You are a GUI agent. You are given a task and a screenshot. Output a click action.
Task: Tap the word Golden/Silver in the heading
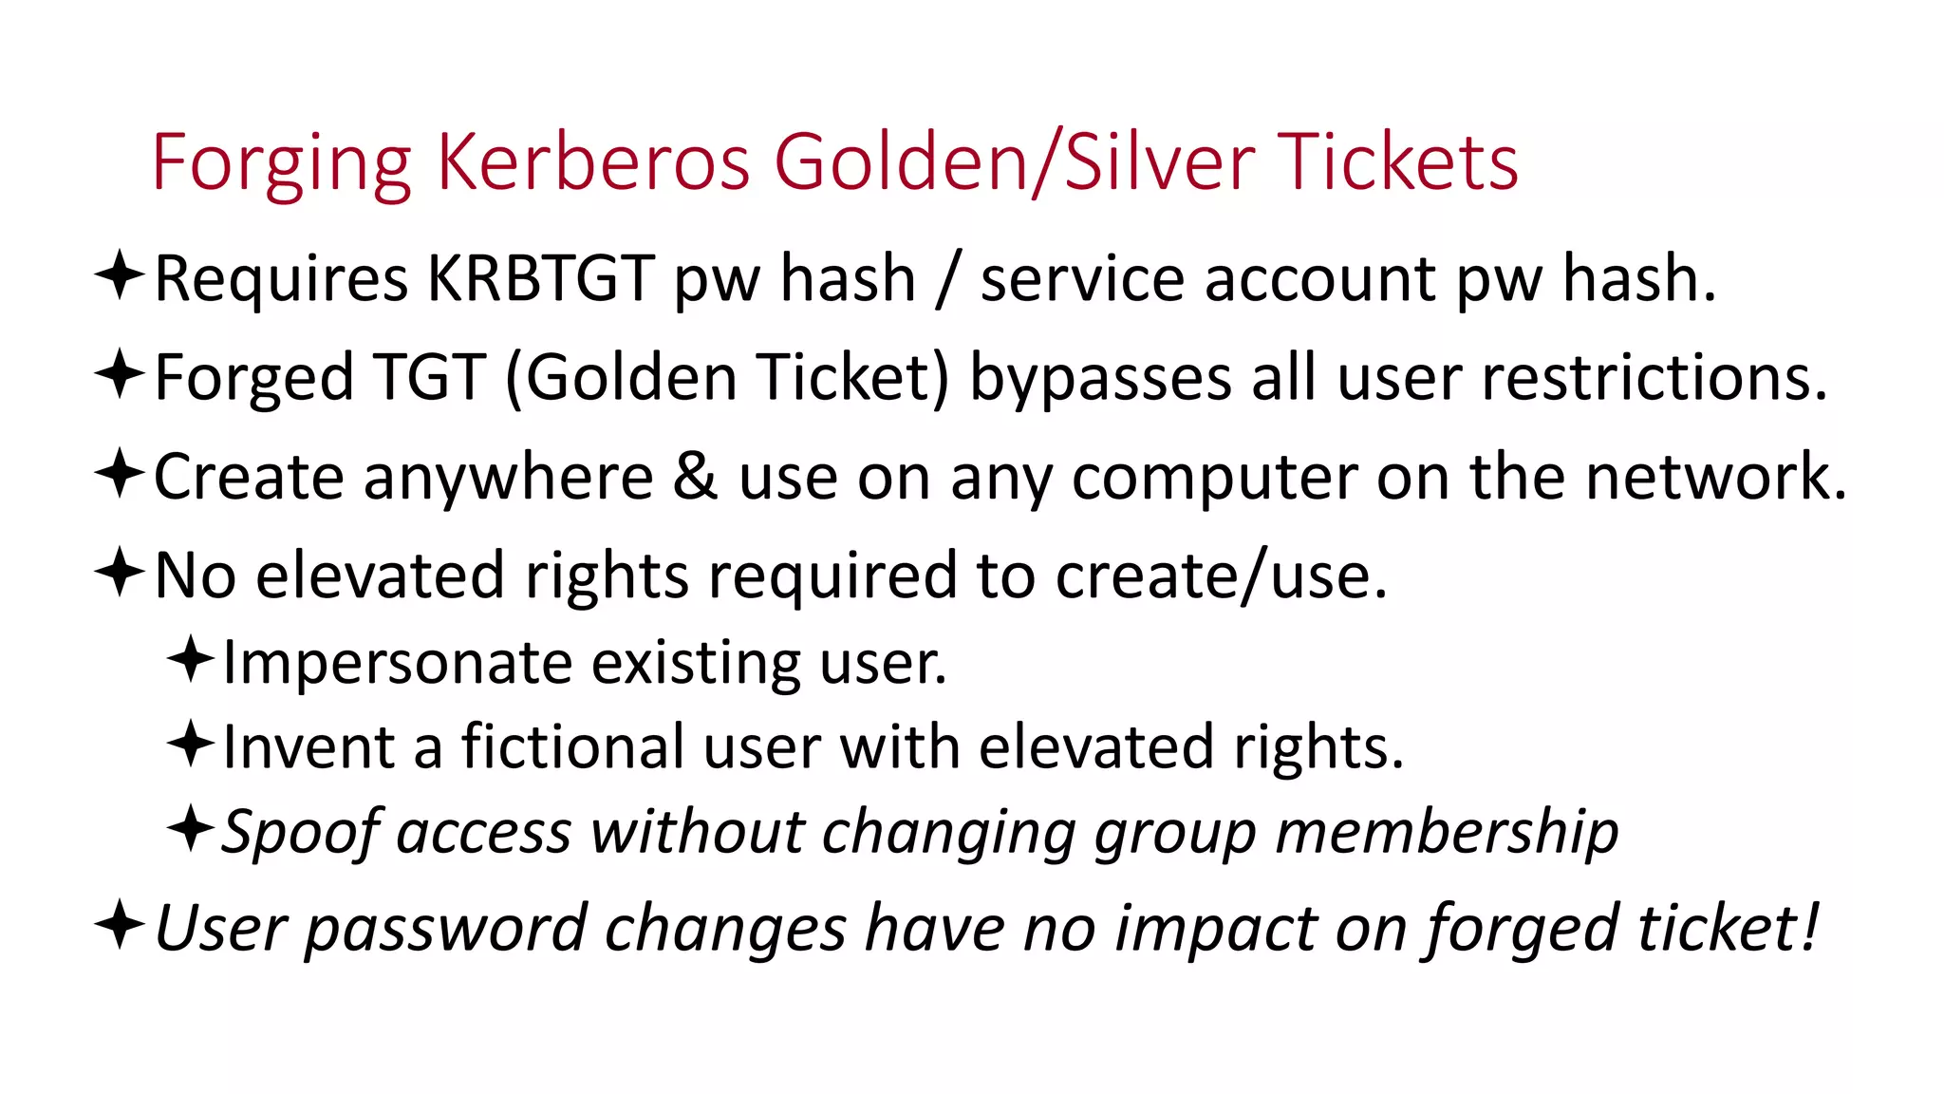(x=1015, y=162)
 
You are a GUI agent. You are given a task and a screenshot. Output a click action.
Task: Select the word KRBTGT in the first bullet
(x=540, y=279)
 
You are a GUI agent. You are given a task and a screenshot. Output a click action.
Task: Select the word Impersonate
(x=397, y=663)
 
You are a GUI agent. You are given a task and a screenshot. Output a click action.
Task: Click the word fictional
(x=572, y=747)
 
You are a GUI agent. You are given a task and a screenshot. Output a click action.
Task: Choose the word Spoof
(x=302, y=833)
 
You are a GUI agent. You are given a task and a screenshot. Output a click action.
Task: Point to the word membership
(x=1447, y=833)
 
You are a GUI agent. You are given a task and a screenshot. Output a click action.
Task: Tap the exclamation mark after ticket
(x=1810, y=927)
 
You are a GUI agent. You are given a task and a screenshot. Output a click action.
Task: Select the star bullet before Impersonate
(x=191, y=659)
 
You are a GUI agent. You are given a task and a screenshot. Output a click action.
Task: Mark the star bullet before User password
(x=120, y=924)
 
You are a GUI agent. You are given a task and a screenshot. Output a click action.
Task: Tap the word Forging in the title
(x=282, y=164)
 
